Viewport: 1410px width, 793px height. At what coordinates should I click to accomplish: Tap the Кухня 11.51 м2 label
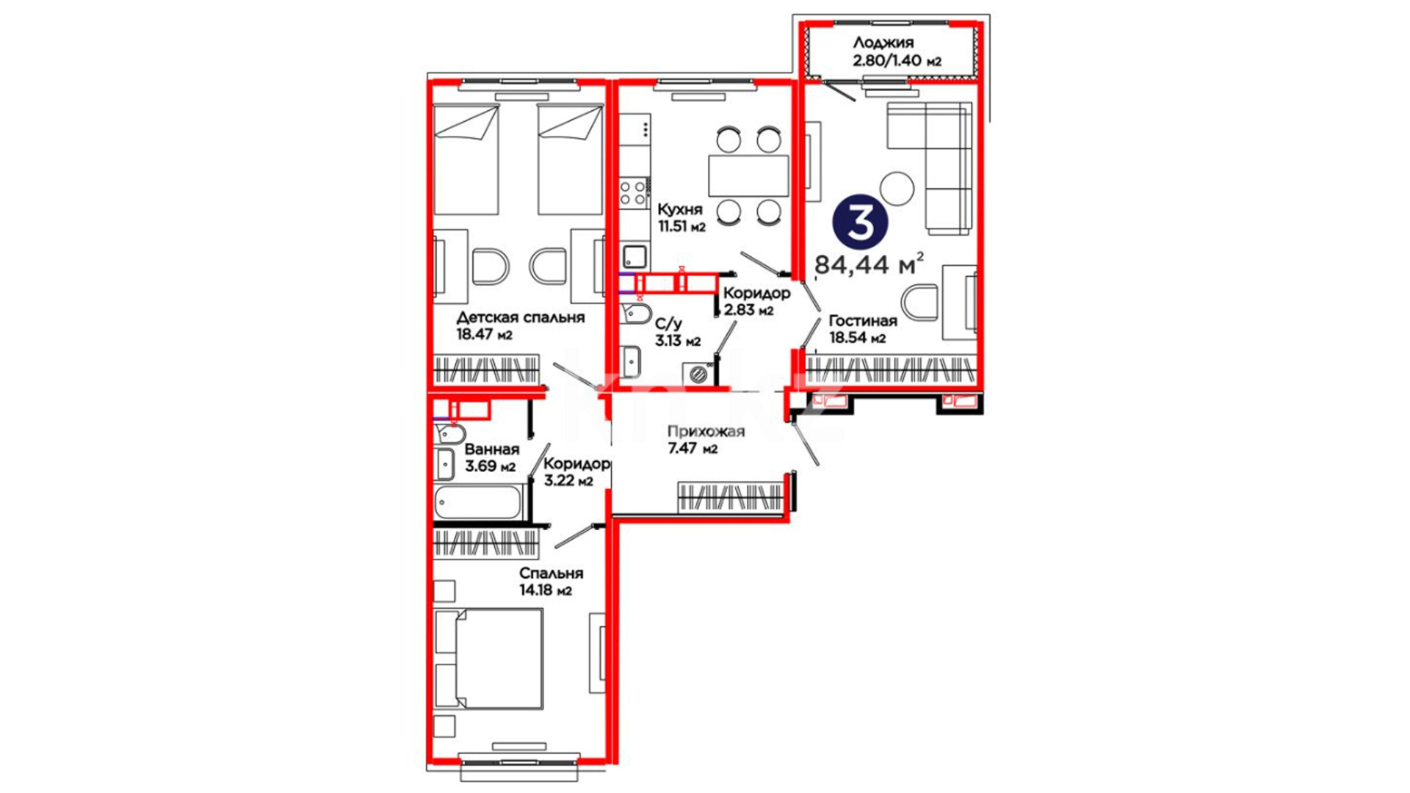[x=681, y=218]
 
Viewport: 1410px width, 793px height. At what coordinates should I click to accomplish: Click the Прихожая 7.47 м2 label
[x=706, y=440]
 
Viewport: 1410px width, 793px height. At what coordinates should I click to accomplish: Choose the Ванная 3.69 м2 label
[x=491, y=457]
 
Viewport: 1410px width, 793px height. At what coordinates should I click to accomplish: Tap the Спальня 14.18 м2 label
[x=551, y=582]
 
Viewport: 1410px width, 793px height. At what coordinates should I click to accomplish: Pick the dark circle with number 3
[x=860, y=222]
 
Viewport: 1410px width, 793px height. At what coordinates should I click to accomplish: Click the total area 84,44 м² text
[x=869, y=263]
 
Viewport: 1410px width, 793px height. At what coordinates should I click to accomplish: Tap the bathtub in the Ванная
[x=478, y=502]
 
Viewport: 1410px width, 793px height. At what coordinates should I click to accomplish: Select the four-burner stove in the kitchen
[x=634, y=192]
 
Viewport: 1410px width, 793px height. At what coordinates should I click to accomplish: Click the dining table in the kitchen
[x=748, y=175]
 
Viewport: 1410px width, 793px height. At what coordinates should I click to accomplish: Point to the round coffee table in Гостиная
[x=897, y=188]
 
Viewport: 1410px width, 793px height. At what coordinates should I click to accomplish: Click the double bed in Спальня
[x=489, y=659]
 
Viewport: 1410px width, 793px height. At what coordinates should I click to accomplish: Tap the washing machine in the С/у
[x=698, y=374]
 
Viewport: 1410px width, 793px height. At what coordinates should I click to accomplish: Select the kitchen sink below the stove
[x=634, y=256]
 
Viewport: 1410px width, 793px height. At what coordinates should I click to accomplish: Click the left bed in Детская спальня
[x=466, y=159]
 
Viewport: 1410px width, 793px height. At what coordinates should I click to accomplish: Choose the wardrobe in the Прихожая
[x=730, y=496]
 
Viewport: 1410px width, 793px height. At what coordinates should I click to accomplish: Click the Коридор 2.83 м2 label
[x=757, y=301]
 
